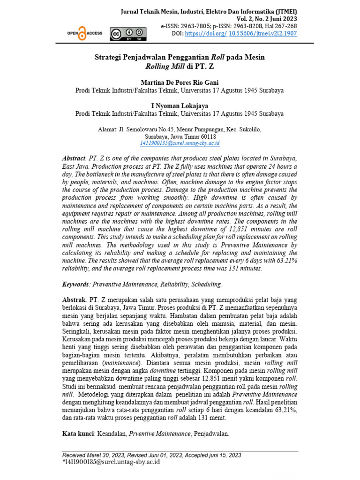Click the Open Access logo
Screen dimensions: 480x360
(x=85, y=34)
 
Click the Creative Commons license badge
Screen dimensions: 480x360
(x=127, y=34)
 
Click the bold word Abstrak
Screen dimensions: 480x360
(x=75, y=299)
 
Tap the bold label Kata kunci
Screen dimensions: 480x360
(x=78, y=434)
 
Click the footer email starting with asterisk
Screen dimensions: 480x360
(x=111, y=462)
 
